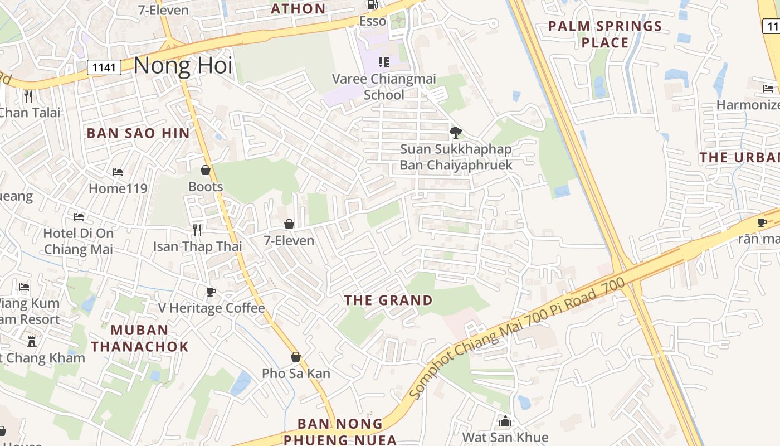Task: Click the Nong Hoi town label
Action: point(183,65)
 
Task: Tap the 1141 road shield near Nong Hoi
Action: point(104,68)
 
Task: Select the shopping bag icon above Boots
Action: point(206,170)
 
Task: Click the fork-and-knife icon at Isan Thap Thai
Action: point(197,230)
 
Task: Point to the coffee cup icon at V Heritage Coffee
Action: point(211,292)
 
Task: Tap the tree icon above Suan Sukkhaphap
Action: point(455,132)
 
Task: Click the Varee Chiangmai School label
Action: point(384,87)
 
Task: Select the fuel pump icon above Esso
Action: point(372,4)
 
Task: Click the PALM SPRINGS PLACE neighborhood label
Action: point(605,34)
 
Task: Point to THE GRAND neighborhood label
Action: point(388,300)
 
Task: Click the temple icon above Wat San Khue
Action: point(505,421)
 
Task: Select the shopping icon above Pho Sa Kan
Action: point(296,357)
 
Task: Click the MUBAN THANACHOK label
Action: point(140,338)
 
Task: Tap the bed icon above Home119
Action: point(118,172)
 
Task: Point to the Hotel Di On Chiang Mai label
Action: point(79,241)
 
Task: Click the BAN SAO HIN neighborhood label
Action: point(138,133)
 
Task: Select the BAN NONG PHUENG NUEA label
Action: point(340,432)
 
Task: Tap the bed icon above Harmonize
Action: point(769,88)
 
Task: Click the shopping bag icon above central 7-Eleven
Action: point(289,224)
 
